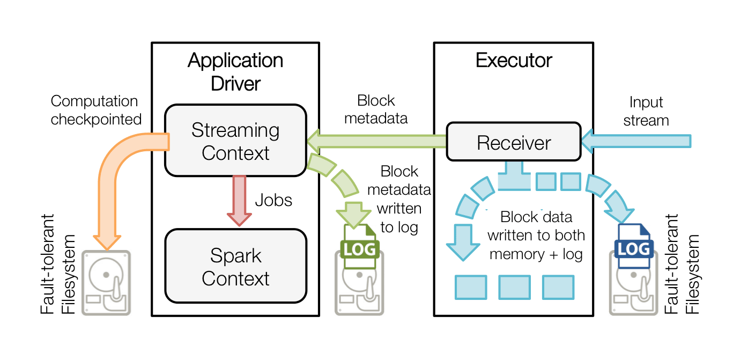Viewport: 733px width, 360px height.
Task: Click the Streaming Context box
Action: pos(235,141)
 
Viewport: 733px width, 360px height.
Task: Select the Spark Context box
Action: pos(235,267)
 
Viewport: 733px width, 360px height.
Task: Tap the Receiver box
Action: pos(514,142)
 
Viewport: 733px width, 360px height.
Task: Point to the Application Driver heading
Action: pos(235,72)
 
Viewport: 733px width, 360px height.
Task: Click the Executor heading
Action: pos(514,61)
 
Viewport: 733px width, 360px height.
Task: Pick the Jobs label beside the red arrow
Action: pos(273,200)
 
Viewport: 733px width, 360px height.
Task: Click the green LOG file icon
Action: pos(359,243)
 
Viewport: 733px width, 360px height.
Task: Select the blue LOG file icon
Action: pos(634,243)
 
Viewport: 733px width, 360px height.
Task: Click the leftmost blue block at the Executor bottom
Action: pos(471,287)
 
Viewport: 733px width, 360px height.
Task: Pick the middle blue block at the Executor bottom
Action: pos(514,287)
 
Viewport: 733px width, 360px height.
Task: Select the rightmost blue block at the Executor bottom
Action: pos(558,287)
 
